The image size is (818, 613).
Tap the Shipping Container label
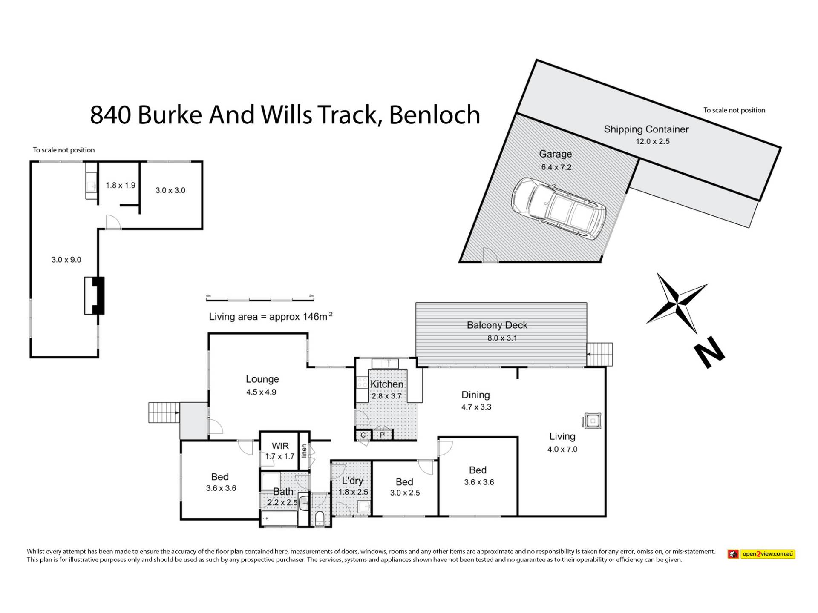click(646, 129)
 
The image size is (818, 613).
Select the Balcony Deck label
click(497, 325)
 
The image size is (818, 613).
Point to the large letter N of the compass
click(709, 352)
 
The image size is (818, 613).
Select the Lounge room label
click(262, 379)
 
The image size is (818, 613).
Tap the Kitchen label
click(386, 384)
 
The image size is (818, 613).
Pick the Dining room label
click(475, 395)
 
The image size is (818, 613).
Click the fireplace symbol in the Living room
click(592, 421)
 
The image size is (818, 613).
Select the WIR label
click(280, 446)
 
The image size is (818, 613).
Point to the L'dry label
click(352, 481)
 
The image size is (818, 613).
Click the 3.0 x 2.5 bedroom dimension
click(405, 493)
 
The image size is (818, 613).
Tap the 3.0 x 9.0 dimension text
click(66, 260)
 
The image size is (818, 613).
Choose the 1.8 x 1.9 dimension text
click(121, 186)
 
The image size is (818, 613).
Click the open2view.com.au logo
click(762, 554)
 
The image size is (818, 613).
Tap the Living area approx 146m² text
click(271, 317)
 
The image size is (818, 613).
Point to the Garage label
click(555, 154)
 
